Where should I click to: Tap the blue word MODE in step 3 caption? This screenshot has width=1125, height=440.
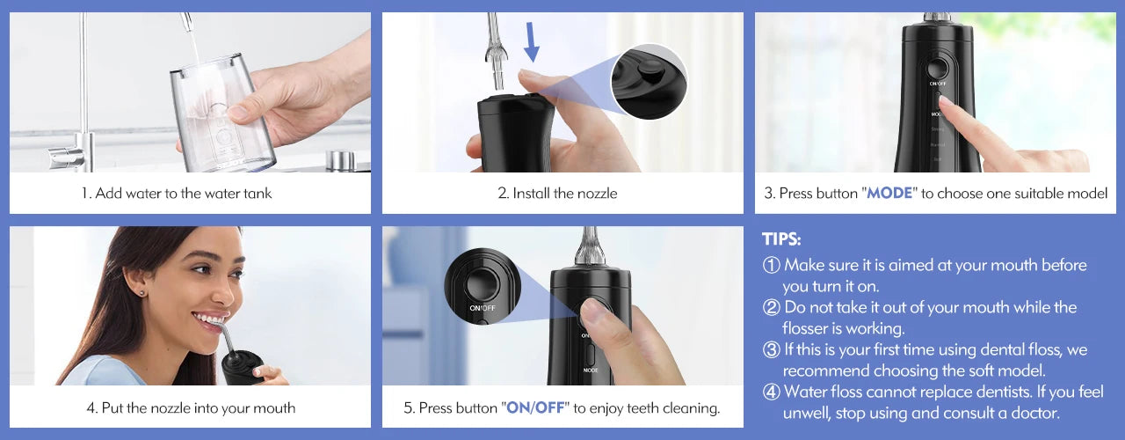click(x=891, y=193)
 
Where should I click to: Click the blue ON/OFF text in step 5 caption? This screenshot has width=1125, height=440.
click(x=535, y=407)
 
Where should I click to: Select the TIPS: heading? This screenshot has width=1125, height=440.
click(x=781, y=239)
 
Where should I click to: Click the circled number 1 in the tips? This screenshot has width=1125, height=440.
click(x=771, y=265)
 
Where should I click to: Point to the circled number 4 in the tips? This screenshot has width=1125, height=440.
click(x=771, y=392)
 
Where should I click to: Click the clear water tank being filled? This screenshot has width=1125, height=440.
click(x=221, y=110)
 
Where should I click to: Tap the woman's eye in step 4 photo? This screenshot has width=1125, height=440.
click(x=206, y=274)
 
